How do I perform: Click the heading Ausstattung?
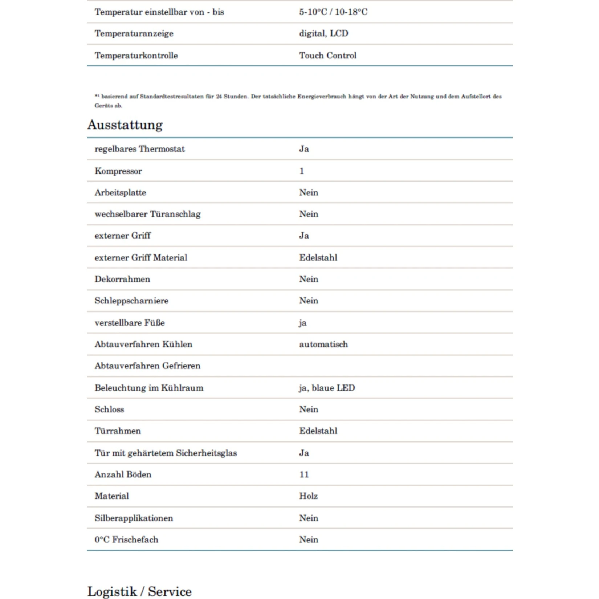pyautogui.click(x=125, y=125)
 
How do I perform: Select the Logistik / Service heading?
pyautogui.click(x=139, y=591)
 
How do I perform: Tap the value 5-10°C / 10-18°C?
pyautogui.click(x=333, y=12)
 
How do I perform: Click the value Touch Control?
pyautogui.click(x=327, y=56)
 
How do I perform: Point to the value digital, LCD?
pyautogui.click(x=323, y=33)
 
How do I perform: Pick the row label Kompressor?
pyautogui.click(x=118, y=171)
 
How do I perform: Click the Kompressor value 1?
pyautogui.click(x=302, y=171)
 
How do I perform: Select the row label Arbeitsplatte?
pyautogui.click(x=120, y=192)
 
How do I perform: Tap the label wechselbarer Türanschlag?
pyautogui.click(x=147, y=214)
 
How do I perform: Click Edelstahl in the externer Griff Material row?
pyautogui.click(x=318, y=257)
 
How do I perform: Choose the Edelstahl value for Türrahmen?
pyautogui.click(x=318, y=431)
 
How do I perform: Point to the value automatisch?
pyautogui.click(x=323, y=344)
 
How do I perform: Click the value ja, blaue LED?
pyautogui.click(x=327, y=388)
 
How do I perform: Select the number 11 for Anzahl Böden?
pyautogui.click(x=304, y=474)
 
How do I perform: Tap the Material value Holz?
pyautogui.click(x=308, y=496)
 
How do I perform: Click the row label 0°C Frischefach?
pyautogui.click(x=126, y=539)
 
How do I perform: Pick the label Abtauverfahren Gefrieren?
pyautogui.click(x=147, y=366)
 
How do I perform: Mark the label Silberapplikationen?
pyautogui.click(x=134, y=518)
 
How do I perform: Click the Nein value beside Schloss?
pyautogui.click(x=309, y=409)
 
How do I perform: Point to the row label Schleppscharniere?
pyautogui.click(x=131, y=301)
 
